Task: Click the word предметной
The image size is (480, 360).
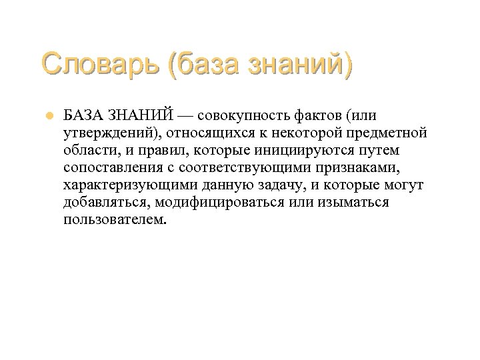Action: pos(390,133)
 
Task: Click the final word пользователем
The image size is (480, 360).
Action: pos(112,220)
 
